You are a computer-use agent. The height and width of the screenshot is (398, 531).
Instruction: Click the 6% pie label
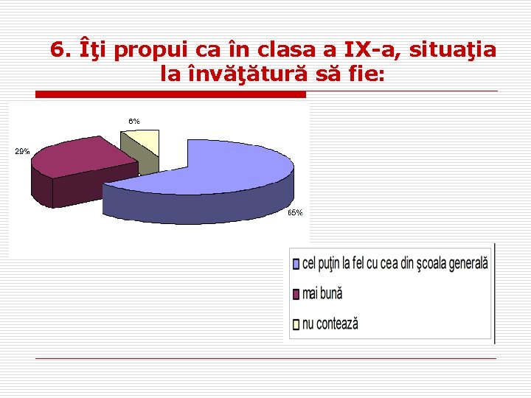point(134,121)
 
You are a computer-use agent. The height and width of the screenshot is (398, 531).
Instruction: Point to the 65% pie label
point(294,212)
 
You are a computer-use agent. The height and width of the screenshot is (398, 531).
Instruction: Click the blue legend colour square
point(296,263)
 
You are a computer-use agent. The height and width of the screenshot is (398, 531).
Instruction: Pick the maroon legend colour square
point(296,293)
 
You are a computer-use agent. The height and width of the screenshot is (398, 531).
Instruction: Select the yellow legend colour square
point(296,323)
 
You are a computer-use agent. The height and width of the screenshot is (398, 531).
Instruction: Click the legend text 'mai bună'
point(322,293)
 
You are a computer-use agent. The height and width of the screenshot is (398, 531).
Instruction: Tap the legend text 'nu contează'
point(330,323)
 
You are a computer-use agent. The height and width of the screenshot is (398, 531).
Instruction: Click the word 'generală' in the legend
point(466,262)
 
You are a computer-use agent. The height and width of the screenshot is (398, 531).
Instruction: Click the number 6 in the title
point(58,50)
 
